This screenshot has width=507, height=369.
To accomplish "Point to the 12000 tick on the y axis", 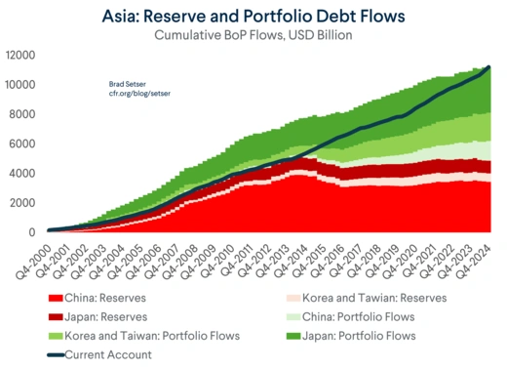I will click(x=20, y=55).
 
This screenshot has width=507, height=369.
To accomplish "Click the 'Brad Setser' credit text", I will click(x=128, y=85).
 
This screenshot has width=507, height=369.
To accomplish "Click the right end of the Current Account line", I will click(x=487, y=67).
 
